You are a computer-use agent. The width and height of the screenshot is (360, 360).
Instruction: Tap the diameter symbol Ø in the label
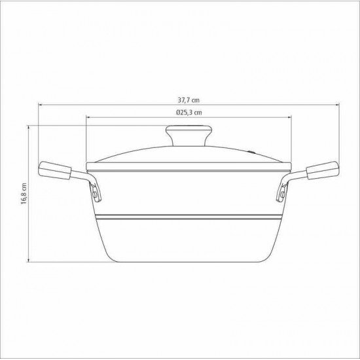coord(169,113)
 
